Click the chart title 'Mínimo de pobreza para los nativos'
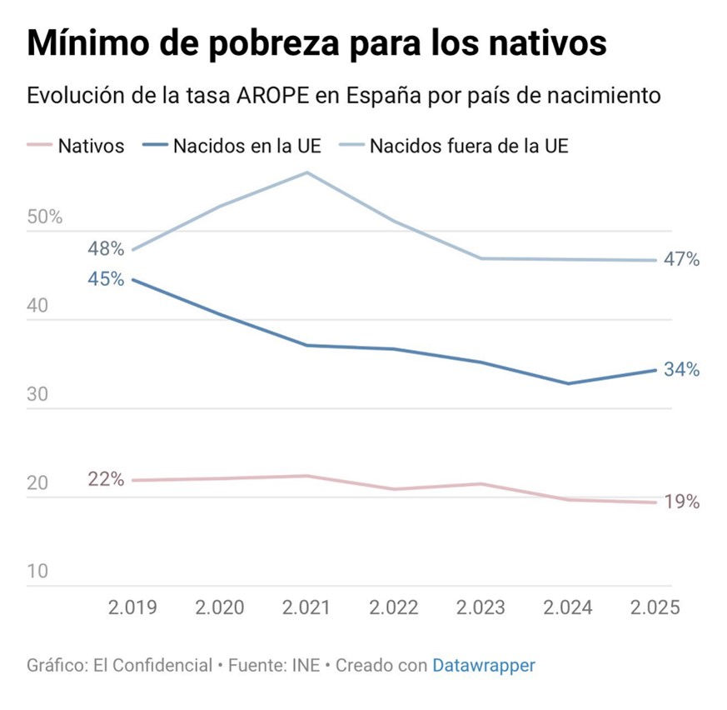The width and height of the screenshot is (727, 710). click(316, 43)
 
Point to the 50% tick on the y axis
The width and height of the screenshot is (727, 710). click(45, 217)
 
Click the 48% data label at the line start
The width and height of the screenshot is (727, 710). click(106, 248)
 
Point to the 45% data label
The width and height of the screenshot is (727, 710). click(106, 278)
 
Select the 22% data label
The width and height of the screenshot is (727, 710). click(106, 479)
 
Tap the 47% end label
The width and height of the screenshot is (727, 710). click(681, 259)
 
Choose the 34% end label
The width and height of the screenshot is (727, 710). click(681, 370)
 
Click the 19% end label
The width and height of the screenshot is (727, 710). click(681, 502)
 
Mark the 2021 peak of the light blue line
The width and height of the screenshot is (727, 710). click(307, 172)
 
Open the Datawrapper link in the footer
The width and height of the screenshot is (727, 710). click(483, 665)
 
